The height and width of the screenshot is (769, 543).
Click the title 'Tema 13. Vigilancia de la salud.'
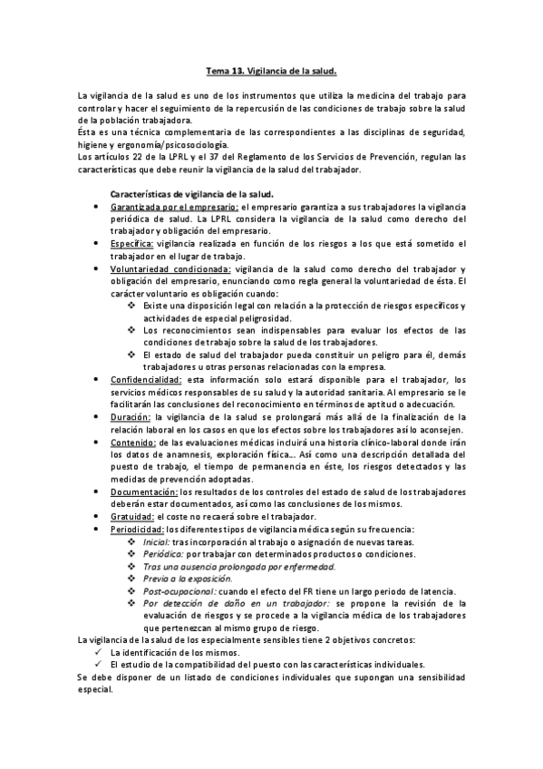[271, 69]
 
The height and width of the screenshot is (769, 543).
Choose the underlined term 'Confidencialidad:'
[146, 380]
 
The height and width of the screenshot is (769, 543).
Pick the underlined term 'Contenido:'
[131, 442]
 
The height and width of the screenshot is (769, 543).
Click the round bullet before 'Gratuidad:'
[98, 516]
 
